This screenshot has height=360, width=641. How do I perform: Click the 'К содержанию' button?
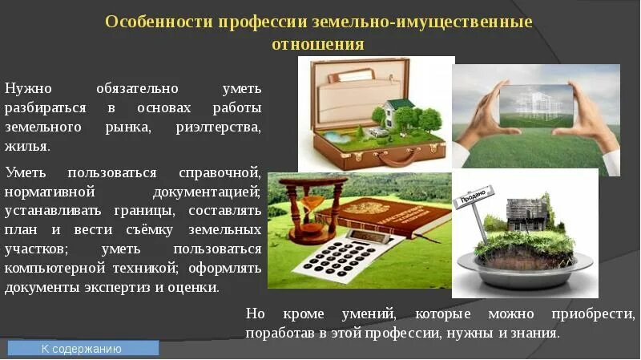pos(83,349)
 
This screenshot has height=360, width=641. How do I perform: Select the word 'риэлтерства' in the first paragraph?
pos(218,127)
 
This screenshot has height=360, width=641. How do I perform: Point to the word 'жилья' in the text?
pos(26,147)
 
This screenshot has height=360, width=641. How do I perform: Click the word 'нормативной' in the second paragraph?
pos(50,192)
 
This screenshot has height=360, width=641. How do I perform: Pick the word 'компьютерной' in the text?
pos(49,268)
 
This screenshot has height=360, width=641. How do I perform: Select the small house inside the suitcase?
pos(395,113)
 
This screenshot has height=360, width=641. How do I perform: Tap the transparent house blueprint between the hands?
pos(534,105)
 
